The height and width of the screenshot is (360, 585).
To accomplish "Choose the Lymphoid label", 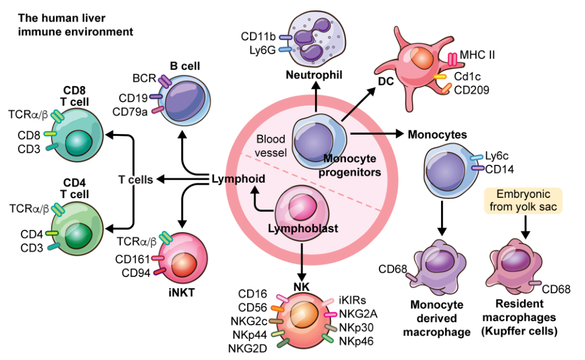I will point(238,179).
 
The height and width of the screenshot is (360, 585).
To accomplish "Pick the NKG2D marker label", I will point(248,348).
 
